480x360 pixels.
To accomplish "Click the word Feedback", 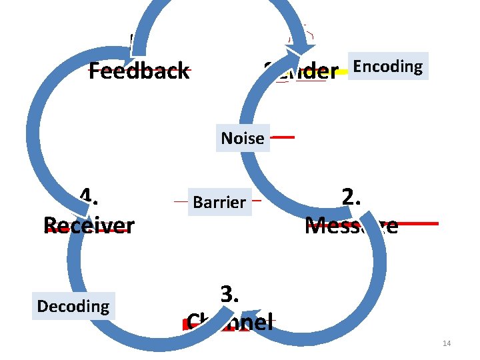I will pos(139,71).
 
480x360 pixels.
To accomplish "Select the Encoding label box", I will pos(387,66).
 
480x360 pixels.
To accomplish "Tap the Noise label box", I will pos(243,138).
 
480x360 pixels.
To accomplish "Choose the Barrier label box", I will pos(219,201).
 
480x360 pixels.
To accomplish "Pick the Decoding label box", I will pos(73,306).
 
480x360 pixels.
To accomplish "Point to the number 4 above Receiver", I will pos(85,196).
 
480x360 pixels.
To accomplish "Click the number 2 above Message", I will pos(351,197).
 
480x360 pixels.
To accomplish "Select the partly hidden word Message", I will pos(351,225).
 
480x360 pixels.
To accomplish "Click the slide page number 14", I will pos(446,343).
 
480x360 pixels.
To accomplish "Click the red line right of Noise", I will pos(283,137).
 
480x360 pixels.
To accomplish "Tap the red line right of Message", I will pos(419,223).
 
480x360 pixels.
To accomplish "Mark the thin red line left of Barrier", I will pos(181,200).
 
